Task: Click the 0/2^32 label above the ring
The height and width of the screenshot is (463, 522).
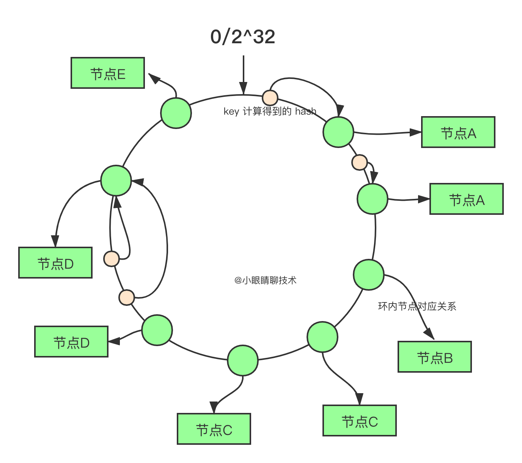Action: pyautogui.click(x=243, y=37)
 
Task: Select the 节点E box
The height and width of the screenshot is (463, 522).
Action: pyautogui.click(x=108, y=73)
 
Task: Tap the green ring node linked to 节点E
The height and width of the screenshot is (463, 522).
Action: pyautogui.click(x=176, y=113)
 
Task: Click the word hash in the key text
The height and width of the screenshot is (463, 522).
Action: pyautogui.click(x=305, y=111)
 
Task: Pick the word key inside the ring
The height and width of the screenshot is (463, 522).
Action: pyautogui.click(x=231, y=112)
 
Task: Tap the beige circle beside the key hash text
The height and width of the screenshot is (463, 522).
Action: pyautogui.click(x=270, y=98)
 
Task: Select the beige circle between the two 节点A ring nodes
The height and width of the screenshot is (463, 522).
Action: pyautogui.click(x=360, y=162)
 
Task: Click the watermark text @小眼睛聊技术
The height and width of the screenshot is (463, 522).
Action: pyautogui.click(x=266, y=280)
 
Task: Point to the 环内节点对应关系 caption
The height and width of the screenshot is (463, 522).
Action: pyautogui.click(x=417, y=306)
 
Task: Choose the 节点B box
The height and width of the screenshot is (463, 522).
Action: pyautogui.click(x=435, y=357)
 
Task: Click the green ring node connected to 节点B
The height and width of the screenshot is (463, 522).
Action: pyautogui.click(x=368, y=274)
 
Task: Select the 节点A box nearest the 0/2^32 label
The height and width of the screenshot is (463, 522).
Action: pyautogui.click(x=458, y=132)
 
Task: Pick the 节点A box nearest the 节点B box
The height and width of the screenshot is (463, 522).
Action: pyautogui.click(x=467, y=199)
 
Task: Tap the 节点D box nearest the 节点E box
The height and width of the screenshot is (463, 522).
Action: pyautogui.click(x=55, y=263)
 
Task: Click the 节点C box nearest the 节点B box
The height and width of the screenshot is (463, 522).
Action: pyautogui.click(x=360, y=420)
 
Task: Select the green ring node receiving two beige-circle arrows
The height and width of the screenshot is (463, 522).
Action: pyautogui.click(x=116, y=181)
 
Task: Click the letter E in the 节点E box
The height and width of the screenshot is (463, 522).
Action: pyautogui.click(x=121, y=74)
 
